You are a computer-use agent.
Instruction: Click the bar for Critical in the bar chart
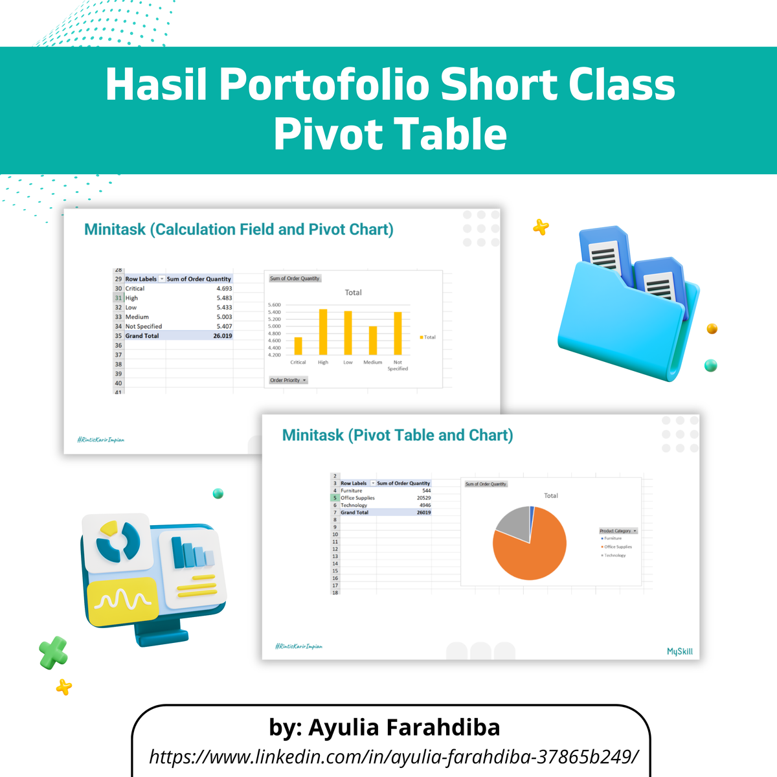pyautogui.click(x=298, y=346)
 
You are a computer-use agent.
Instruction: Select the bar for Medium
pyautogui.click(x=373, y=341)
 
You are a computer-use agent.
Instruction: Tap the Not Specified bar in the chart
pyautogui.click(x=398, y=333)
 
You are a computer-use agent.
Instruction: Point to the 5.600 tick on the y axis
pyautogui.click(x=275, y=305)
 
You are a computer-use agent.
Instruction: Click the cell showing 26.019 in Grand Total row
pyautogui.click(x=222, y=336)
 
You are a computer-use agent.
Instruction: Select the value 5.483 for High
pyautogui.click(x=224, y=298)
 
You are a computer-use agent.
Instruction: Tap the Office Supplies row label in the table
pyautogui.click(x=357, y=498)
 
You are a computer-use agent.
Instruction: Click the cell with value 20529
pyautogui.click(x=423, y=498)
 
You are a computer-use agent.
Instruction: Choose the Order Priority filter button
pyautogui.click(x=288, y=380)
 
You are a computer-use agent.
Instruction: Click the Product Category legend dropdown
pyautogui.click(x=618, y=531)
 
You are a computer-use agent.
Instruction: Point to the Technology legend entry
pyautogui.click(x=614, y=556)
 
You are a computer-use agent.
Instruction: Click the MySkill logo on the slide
pyautogui.click(x=679, y=651)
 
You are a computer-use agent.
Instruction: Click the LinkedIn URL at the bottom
pyautogui.click(x=394, y=756)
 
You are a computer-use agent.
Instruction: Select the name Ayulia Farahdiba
pyautogui.click(x=404, y=727)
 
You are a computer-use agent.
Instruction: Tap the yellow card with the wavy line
pyautogui.click(x=122, y=601)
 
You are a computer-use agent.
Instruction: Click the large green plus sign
pyautogui.click(x=53, y=652)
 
